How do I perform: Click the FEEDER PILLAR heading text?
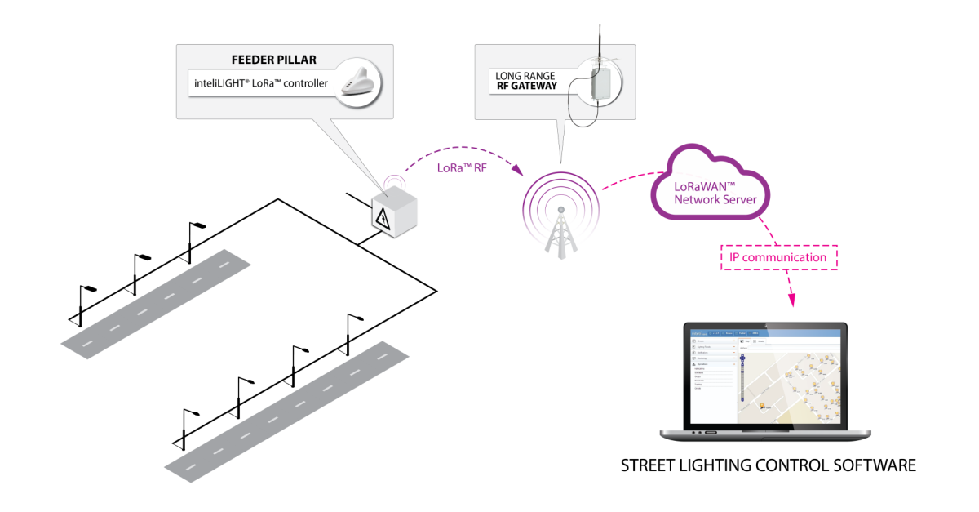[275, 60]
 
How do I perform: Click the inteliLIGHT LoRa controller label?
[262, 83]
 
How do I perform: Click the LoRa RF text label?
[462, 168]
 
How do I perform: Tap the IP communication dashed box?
[778, 257]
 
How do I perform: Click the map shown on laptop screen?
[790, 389]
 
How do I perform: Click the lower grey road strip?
[286, 406]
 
